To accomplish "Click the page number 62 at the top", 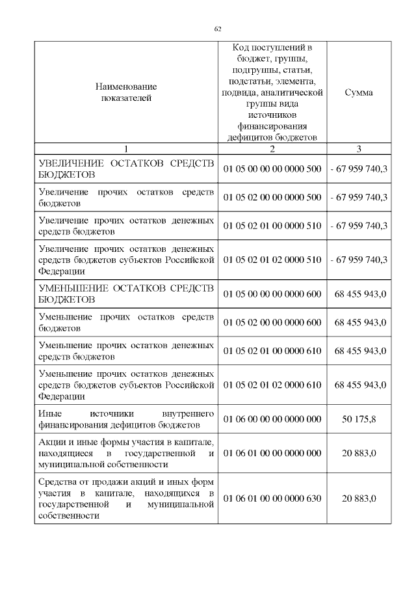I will [218, 29].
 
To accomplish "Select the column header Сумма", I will [359, 92].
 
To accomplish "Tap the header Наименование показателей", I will [125, 92].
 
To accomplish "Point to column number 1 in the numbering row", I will [125, 148].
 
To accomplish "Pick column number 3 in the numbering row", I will [359, 148].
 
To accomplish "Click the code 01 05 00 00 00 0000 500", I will [272, 169].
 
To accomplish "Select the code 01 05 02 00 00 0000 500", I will [272, 197].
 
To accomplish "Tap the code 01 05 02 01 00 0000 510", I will [272, 226].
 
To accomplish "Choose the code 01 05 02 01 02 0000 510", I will [272, 259].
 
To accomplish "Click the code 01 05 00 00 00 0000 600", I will [272, 294].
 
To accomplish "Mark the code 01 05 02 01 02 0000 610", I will [272, 384].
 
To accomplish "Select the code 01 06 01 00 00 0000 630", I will [272, 498].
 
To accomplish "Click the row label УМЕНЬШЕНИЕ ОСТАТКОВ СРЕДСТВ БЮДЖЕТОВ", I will [125, 294].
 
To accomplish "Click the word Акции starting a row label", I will [51, 442].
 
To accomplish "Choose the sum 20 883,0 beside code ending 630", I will [359, 498].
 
